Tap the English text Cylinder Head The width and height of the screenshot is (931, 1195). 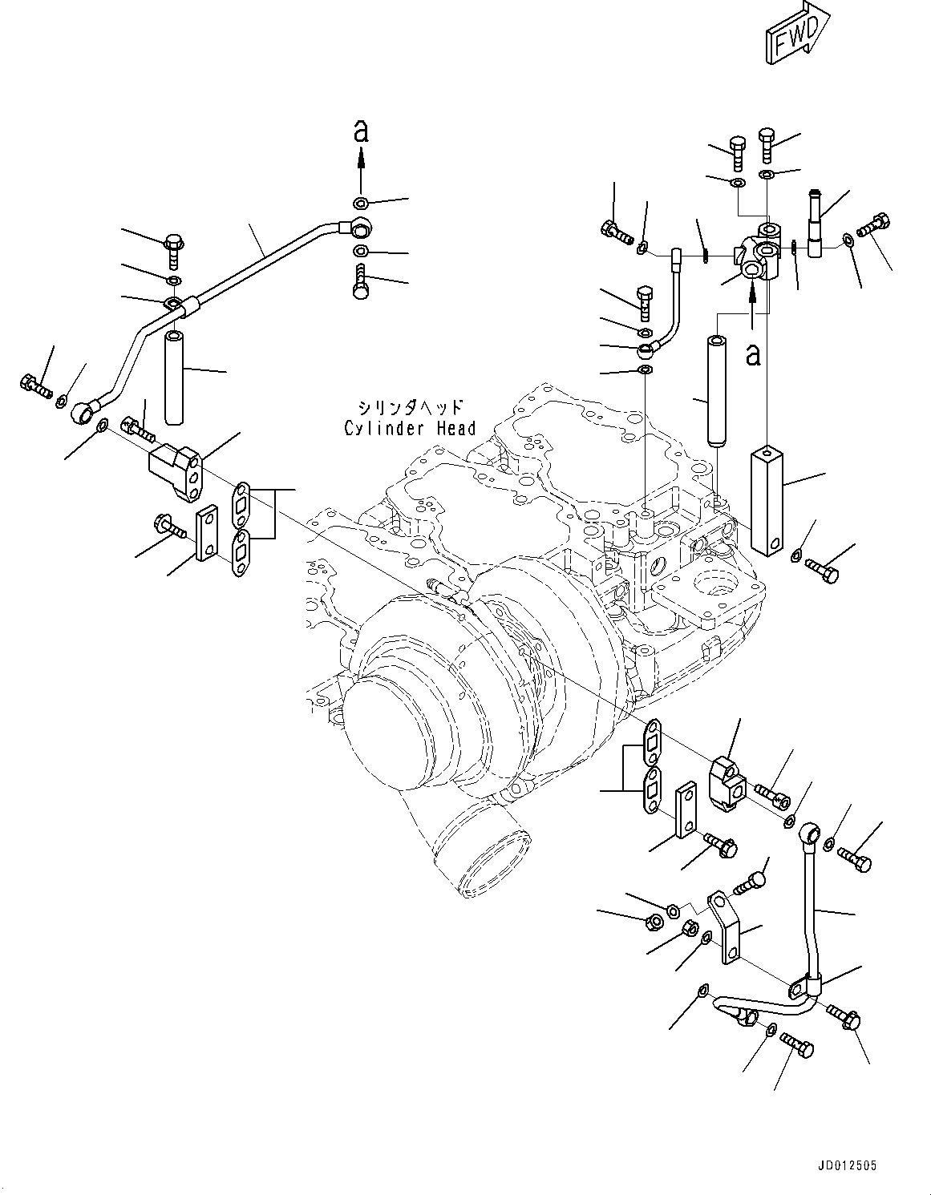click(409, 429)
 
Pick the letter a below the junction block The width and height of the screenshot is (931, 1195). click(752, 353)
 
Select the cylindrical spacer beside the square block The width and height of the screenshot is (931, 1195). click(715, 390)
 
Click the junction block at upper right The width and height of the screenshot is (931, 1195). click(758, 256)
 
